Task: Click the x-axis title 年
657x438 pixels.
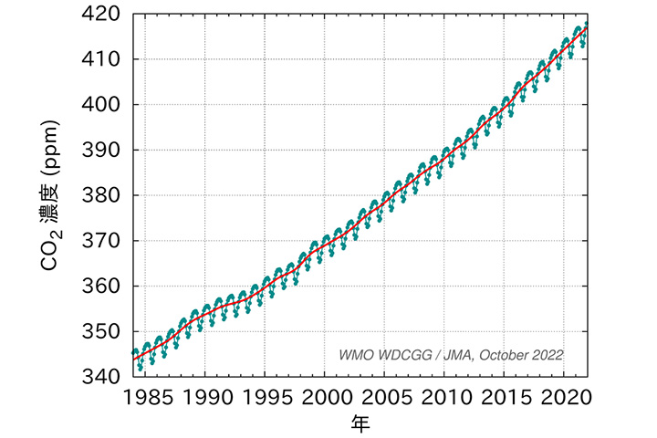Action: click(360, 423)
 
